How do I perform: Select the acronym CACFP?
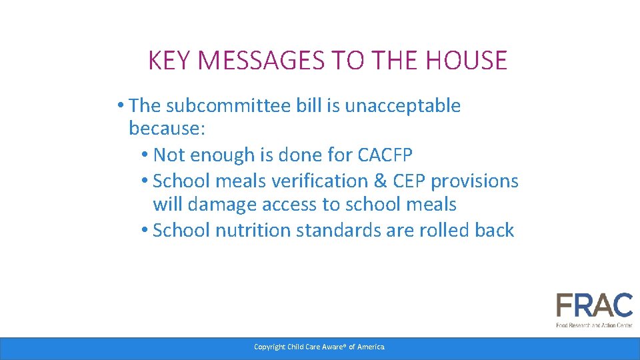coord(385,155)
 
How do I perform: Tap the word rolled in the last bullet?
coord(445,231)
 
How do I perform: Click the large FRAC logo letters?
coord(594,307)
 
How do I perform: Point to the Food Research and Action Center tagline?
coord(594,325)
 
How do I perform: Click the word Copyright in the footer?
coord(269,347)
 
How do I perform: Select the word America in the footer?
coord(371,347)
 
